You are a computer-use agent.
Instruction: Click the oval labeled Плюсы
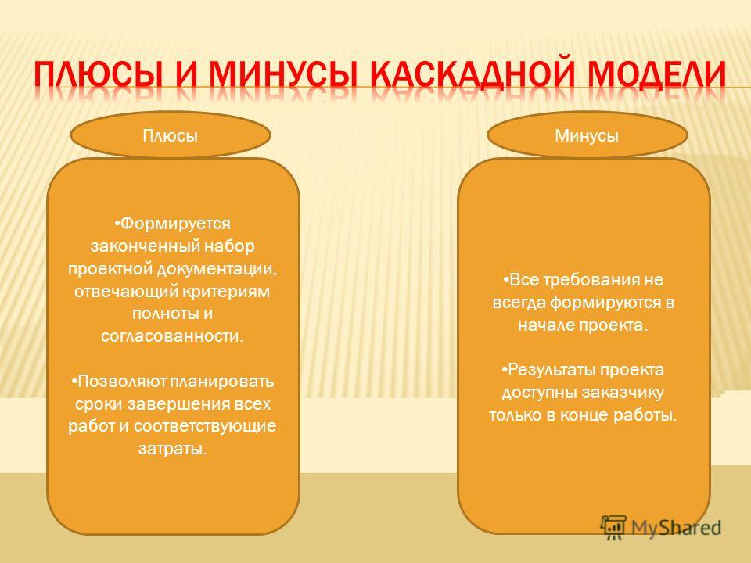[x=171, y=135]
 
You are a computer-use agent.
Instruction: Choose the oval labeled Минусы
[x=588, y=135]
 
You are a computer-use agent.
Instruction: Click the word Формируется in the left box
[x=174, y=224]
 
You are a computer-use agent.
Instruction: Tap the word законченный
[x=146, y=246]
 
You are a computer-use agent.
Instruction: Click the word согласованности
[x=172, y=336]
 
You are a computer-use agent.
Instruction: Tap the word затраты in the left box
[x=172, y=449]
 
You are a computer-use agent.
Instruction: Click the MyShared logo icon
[x=614, y=527]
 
